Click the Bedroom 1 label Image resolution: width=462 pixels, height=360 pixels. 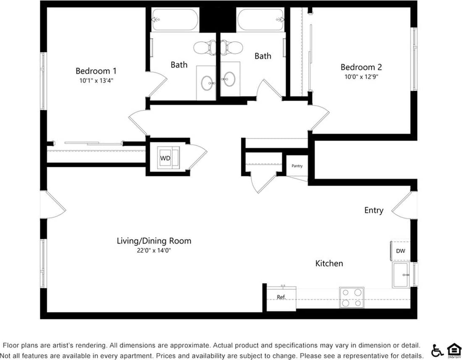tap(96, 71)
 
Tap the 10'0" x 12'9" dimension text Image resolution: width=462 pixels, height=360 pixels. tap(361, 77)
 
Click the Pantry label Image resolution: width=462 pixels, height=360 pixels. tap(297, 166)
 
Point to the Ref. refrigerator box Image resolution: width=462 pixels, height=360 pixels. tap(281, 298)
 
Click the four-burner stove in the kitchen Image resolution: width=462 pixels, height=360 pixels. tap(352, 297)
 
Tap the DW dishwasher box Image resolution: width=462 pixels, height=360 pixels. tap(400, 251)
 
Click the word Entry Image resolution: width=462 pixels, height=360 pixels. tap(373, 210)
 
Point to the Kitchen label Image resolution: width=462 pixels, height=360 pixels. tap(329, 263)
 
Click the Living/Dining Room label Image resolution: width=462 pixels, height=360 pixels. tap(154, 241)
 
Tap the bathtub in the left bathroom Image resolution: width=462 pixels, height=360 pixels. tap(175, 20)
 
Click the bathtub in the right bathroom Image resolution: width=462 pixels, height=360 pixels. tap(261, 20)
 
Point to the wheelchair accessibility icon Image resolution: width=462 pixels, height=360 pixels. tap(437, 350)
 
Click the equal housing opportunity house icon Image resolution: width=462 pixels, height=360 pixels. tap(453, 350)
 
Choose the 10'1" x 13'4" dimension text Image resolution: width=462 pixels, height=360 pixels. tap(96, 81)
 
